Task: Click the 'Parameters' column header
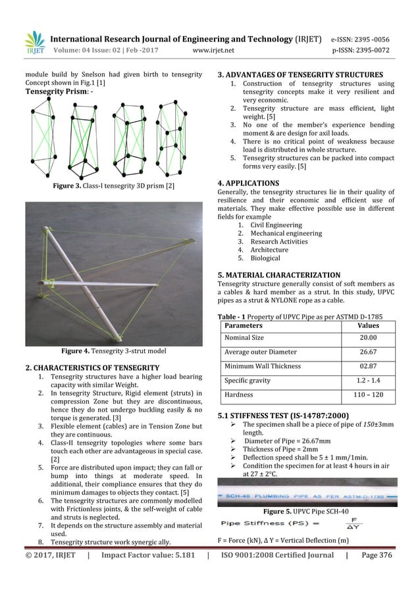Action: [244, 325]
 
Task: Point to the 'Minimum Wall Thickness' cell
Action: [263, 366]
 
